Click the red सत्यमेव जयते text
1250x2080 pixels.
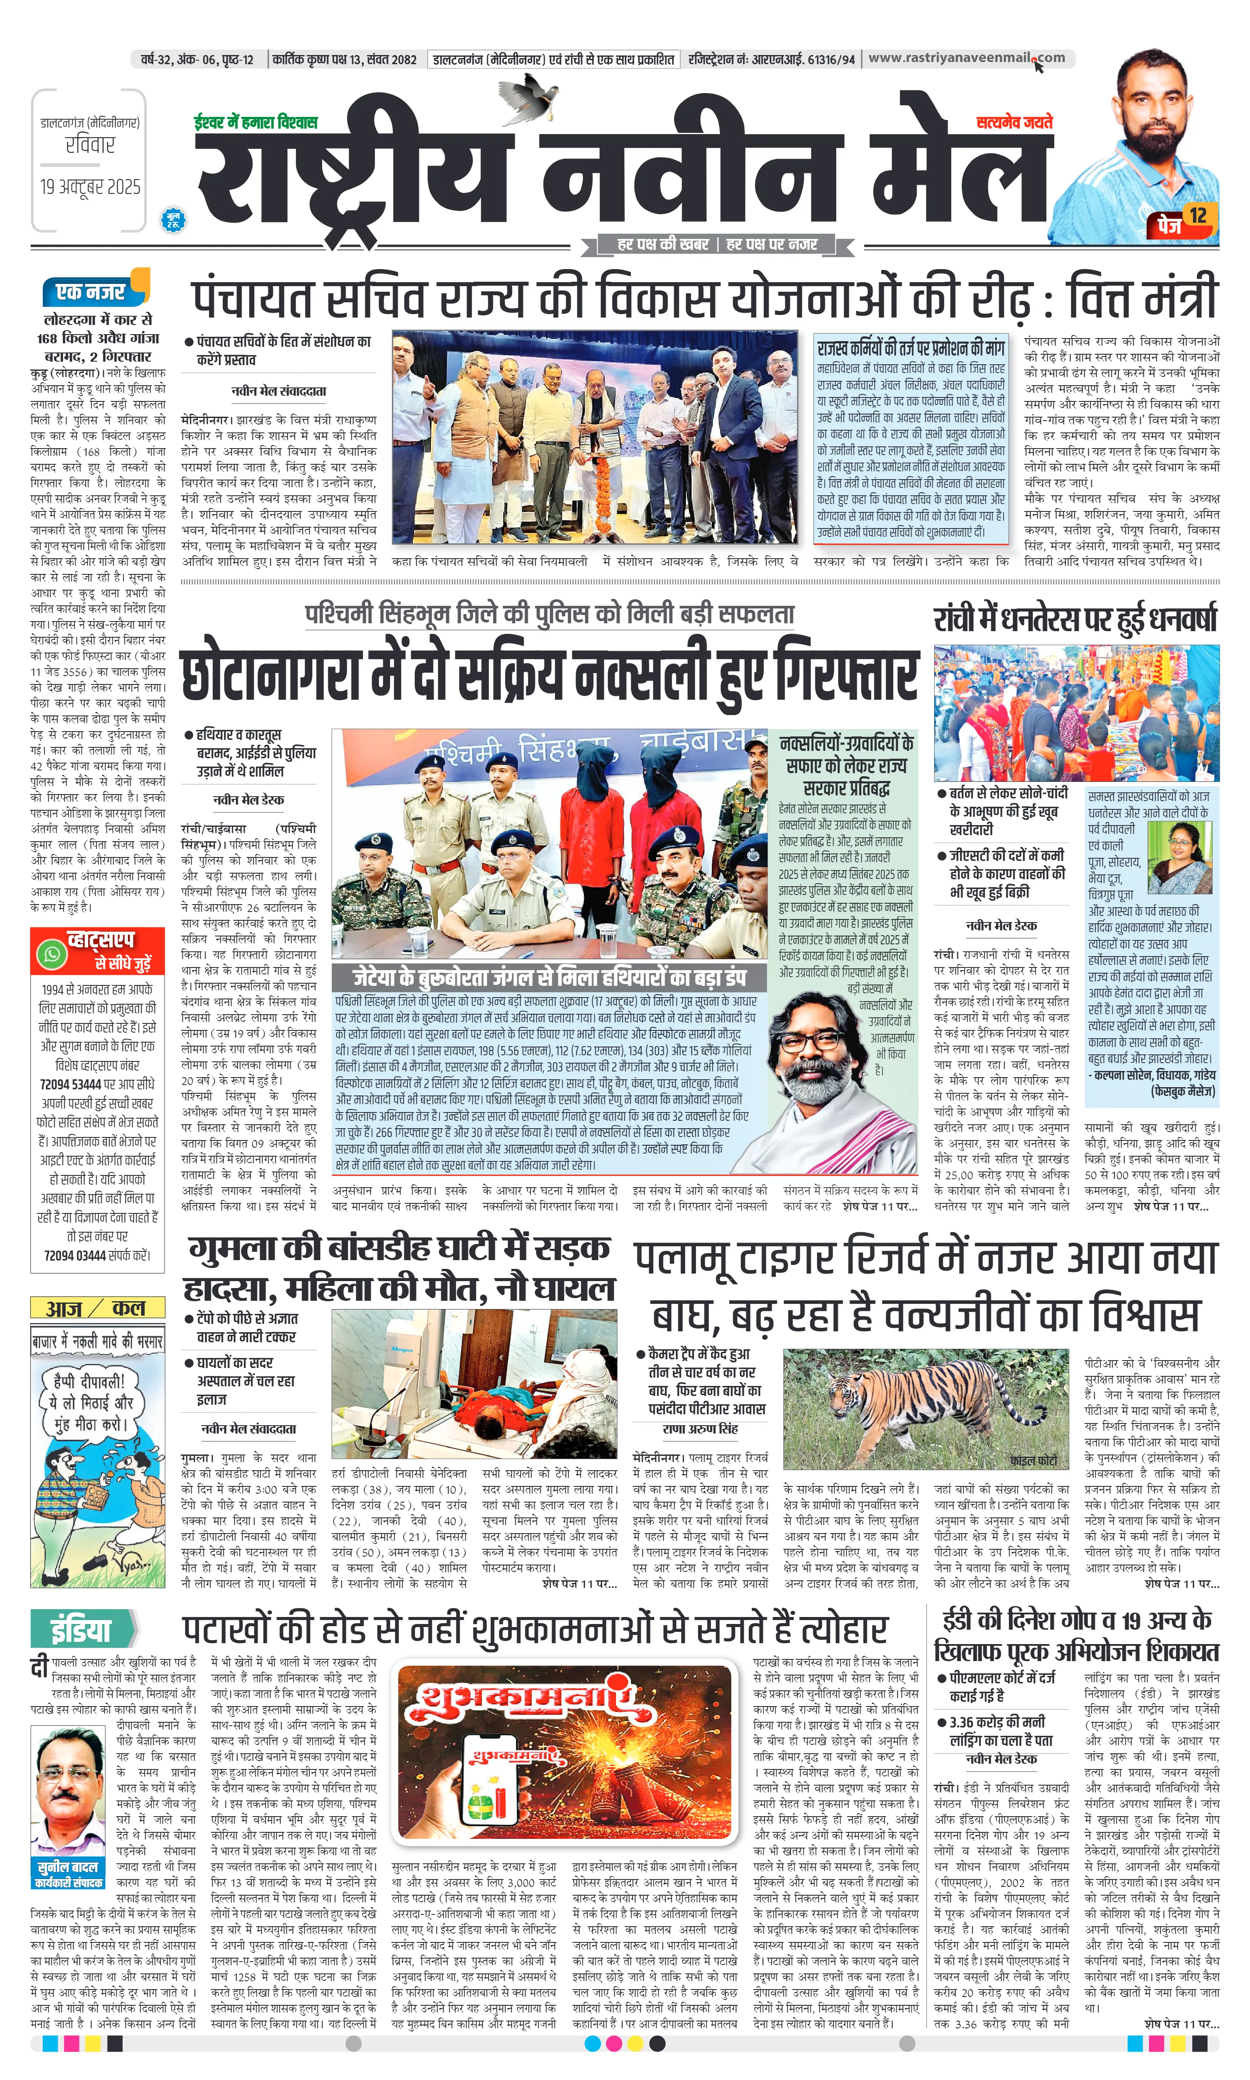pyautogui.click(x=1014, y=123)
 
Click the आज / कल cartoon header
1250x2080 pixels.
pyautogui.click(x=97, y=1308)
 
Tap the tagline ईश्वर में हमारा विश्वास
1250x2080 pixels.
pyautogui.click(x=255, y=123)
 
